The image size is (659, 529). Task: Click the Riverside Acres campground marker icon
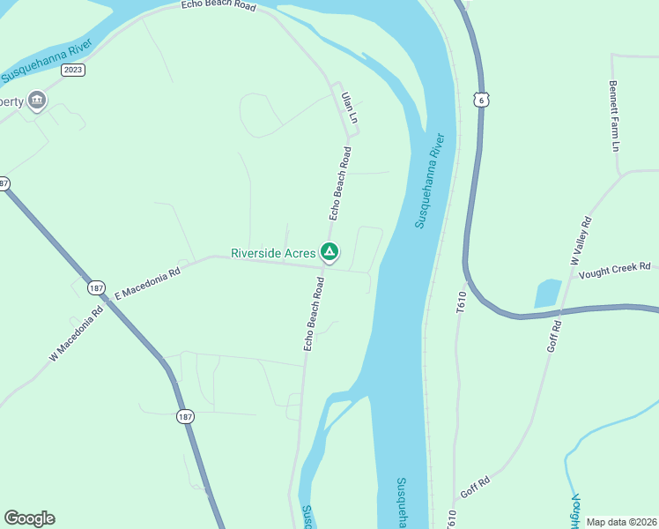pos(329,253)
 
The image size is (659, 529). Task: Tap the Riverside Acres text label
pos(273,253)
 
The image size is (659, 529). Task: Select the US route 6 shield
pos(481,100)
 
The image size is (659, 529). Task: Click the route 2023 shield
pos(74,70)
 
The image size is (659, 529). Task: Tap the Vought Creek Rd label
pos(614,266)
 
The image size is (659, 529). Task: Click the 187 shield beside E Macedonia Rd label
pos(95,287)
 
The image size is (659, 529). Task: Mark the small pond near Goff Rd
pos(547,294)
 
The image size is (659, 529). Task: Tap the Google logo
pos(29,518)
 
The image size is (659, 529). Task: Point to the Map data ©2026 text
pos(622,522)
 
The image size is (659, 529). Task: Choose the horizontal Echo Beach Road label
pos(218,6)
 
